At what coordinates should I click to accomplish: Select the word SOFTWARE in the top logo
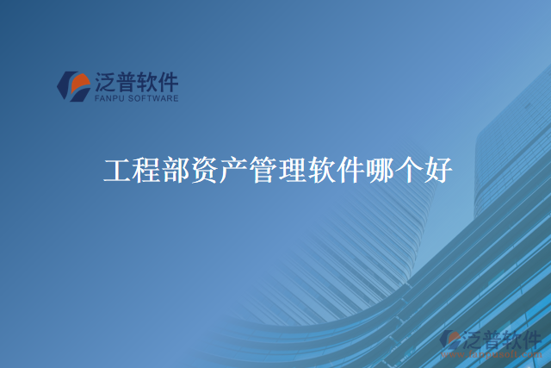click(156, 99)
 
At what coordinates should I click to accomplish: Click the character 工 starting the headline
click(117, 170)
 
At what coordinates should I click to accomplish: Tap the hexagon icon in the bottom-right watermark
click(450, 341)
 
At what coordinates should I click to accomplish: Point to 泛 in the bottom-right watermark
click(474, 339)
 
